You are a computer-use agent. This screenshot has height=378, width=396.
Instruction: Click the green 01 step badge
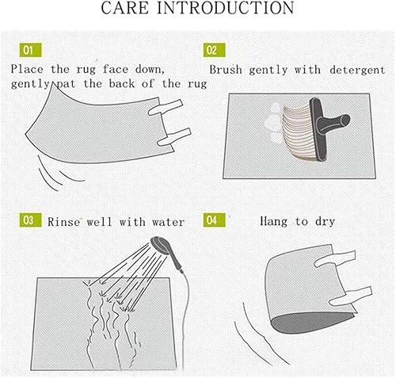click(x=31, y=50)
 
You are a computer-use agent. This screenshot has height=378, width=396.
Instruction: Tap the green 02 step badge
click(x=215, y=50)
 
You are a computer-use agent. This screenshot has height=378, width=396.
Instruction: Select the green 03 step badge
click(x=31, y=220)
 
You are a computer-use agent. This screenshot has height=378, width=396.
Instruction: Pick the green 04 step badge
click(x=215, y=220)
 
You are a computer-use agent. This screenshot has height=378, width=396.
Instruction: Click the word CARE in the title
click(x=125, y=8)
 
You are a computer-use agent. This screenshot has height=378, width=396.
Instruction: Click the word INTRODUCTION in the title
click(x=226, y=8)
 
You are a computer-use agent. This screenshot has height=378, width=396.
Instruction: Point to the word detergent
click(x=357, y=71)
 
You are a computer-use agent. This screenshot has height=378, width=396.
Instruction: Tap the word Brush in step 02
click(x=226, y=70)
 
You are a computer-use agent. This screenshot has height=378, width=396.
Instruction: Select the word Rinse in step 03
click(x=63, y=222)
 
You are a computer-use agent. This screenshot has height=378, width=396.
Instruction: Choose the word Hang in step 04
click(x=273, y=221)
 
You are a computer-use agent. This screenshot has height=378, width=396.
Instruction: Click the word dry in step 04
click(x=325, y=222)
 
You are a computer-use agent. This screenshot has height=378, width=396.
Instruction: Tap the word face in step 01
click(x=116, y=69)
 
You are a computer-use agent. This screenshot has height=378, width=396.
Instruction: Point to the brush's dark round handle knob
click(x=344, y=120)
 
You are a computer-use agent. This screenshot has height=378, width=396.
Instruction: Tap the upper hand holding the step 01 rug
click(x=166, y=107)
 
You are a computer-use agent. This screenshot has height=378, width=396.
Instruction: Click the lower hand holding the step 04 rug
click(x=351, y=296)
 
